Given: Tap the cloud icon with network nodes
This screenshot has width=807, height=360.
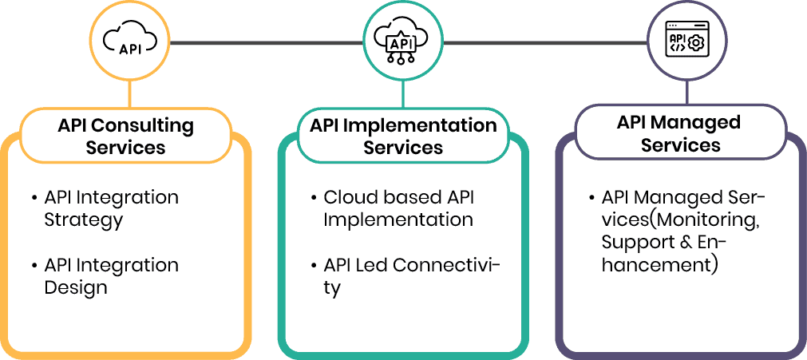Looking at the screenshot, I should pyautogui.click(x=402, y=39).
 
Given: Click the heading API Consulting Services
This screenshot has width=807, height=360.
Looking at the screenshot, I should pyautogui.click(x=126, y=136).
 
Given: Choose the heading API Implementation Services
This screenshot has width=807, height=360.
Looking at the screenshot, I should pyautogui.click(x=403, y=136).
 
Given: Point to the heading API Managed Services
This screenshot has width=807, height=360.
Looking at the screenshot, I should pyautogui.click(x=680, y=133).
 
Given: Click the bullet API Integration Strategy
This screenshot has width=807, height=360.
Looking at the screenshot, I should pyautogui.click(x=111, y=208).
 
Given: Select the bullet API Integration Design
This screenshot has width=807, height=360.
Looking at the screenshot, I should pyautogui.click(x=111, y=276).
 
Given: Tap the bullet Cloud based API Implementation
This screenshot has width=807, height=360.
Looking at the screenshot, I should pyautogui.click(x=398, y=208).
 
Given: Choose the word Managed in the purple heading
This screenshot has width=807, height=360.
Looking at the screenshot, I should pyautogui.click(x=700, y=123).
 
